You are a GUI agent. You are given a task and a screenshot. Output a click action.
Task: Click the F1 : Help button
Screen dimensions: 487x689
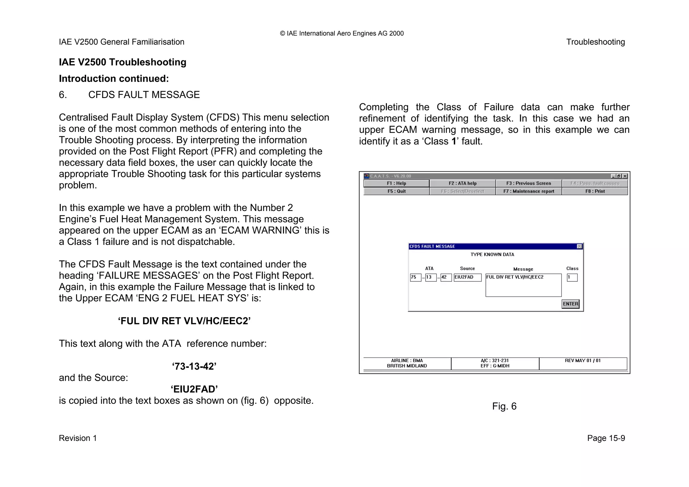396,183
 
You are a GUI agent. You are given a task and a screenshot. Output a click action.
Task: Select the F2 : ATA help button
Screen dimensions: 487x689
463,183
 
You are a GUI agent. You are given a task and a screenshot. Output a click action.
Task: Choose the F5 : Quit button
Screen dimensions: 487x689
396,191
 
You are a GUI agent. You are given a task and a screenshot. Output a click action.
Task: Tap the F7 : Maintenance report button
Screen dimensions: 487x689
529,191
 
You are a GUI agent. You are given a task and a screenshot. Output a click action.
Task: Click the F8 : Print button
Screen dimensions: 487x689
595,191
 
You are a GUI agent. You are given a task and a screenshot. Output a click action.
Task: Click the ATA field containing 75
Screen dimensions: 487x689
415,277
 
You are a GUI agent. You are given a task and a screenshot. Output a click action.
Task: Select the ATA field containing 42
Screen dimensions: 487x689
446,277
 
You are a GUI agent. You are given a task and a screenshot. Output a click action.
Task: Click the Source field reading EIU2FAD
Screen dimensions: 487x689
467,277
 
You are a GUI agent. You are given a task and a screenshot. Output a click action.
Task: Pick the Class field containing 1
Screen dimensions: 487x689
572,277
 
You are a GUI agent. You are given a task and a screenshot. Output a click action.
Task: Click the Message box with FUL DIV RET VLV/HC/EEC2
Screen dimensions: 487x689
523,285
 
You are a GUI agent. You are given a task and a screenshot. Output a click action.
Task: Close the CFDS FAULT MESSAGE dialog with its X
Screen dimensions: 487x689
579,246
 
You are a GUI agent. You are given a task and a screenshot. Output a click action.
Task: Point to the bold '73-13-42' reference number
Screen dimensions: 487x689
194,366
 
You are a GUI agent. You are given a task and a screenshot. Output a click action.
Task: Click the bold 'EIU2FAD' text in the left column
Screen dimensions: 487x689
194,389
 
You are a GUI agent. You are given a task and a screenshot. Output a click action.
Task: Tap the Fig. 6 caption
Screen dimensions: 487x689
504,406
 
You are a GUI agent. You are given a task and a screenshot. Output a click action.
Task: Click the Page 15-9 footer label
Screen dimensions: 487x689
606,438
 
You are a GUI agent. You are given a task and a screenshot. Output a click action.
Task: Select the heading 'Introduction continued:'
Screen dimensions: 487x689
114,78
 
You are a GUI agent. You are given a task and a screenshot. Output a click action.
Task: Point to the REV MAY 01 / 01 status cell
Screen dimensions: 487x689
583,361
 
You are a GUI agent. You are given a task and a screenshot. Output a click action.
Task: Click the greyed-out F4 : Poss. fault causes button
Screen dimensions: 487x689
595,183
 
